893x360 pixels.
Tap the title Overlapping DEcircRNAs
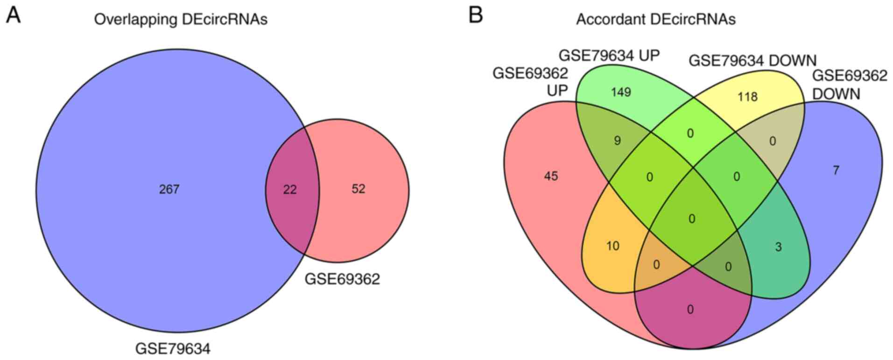tap(181, 20)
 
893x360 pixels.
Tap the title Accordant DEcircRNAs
tap(655, 19)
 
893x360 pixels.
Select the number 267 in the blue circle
tap(169, 189)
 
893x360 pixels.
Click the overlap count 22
tap(290, 190)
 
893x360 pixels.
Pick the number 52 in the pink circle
tap(359, 189)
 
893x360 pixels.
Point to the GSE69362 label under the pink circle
tap(342, 279)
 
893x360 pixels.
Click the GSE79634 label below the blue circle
tap(173, 348)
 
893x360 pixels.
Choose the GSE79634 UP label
tap(609, 56)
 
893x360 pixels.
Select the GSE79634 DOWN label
tap(752, 61)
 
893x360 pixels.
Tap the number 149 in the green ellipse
tap(621, 92)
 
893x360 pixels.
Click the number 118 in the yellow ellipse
tap(747, 97)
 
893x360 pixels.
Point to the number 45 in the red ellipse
tap(551, 176)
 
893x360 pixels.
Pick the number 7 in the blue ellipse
tap(836, 170)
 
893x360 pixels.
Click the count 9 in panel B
tap(617, 141)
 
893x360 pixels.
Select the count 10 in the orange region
tap(612, 246)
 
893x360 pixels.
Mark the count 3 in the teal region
tap(778, 247)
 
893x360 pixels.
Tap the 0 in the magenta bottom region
tap(690, 309)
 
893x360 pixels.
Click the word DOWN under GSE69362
tap(836, 94)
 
